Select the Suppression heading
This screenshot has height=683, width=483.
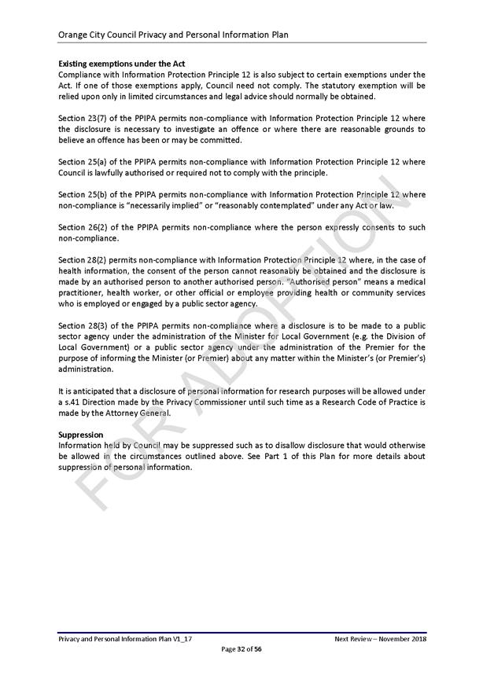point(81,434)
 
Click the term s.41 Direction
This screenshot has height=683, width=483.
point(87,402)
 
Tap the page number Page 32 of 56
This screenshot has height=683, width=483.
point(241,649)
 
